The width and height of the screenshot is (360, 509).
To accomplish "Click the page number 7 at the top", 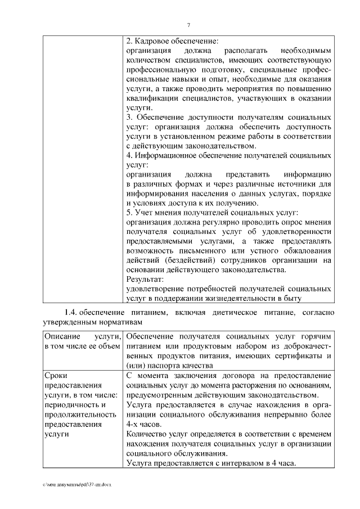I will coord(188,24).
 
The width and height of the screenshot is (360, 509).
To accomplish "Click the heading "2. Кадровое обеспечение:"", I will coord(172,42).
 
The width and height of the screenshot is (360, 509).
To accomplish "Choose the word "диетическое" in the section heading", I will coord(214,313).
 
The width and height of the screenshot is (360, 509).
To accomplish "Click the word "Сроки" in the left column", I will coord(54,376).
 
